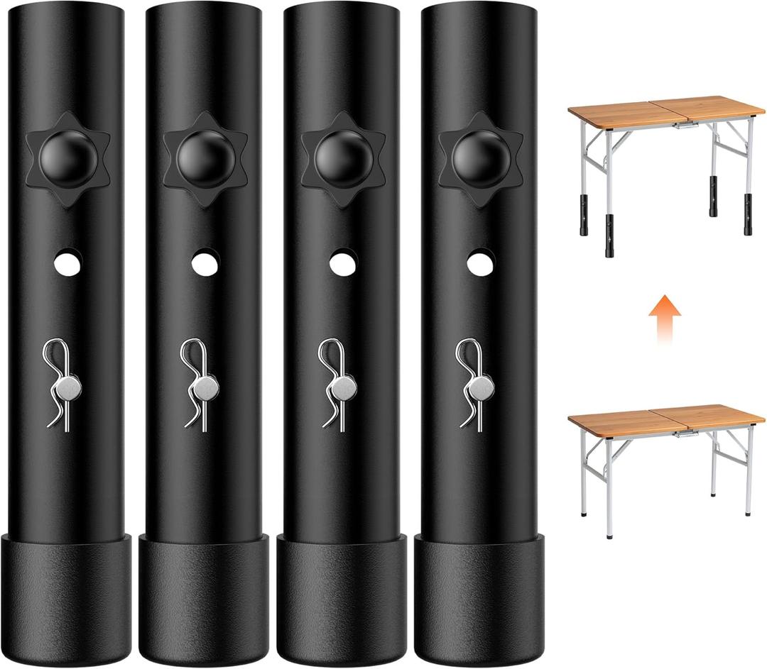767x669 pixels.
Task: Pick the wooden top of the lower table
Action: (665, 418)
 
